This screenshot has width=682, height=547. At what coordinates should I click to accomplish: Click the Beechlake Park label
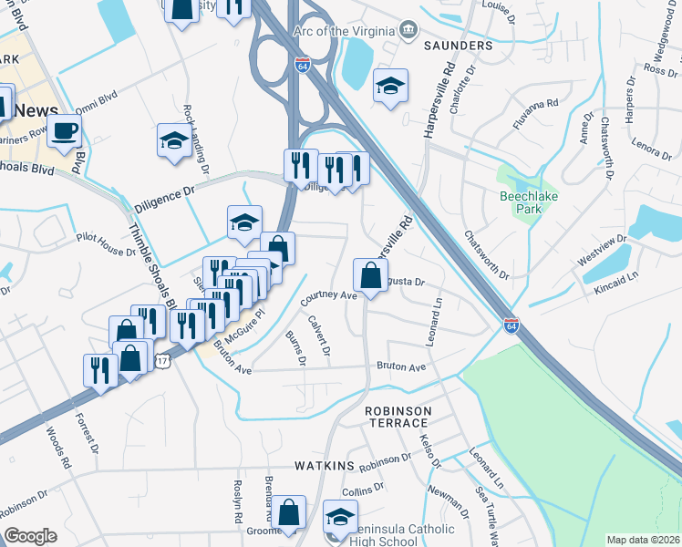coord(521,201)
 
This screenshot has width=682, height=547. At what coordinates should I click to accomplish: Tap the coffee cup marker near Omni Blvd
coord(64,130)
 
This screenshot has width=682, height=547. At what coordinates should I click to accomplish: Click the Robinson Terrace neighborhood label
coord(397,418)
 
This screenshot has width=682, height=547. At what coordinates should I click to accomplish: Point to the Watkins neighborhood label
coord(324,466)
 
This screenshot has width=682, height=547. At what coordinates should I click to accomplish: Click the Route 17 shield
coord(161,362)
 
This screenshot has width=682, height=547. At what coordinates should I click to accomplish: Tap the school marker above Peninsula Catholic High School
coord(340,519)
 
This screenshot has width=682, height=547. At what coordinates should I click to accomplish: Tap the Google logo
coord(30,536)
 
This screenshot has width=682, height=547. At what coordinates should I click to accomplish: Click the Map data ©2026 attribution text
coord(643,540)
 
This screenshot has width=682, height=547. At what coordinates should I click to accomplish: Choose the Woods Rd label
coord(58,449)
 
